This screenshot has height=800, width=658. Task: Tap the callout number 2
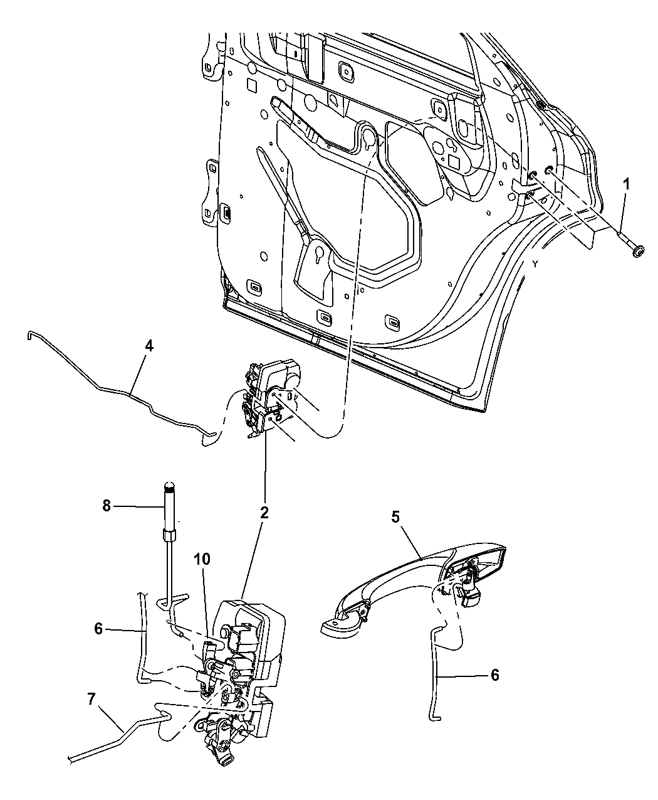pos(264,513)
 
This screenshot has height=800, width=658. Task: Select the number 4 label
pos(149,346)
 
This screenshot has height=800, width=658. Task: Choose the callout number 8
pos(107,506)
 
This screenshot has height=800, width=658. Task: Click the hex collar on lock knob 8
pos(169,535)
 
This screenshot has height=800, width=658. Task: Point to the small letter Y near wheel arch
pos(535,264)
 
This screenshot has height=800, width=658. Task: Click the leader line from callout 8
pos(138,506)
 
